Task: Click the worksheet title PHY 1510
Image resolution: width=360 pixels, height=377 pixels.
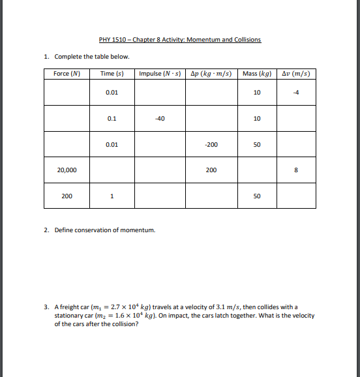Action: (x=179, y=40)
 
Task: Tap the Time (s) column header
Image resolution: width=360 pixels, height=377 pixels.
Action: (x=112, y=73)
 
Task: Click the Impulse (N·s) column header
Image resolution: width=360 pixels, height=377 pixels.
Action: (x=160, y=73)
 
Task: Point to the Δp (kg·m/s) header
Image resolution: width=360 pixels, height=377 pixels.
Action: (x=211, y=73)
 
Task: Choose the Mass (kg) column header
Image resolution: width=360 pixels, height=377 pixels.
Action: (x=256, y=73)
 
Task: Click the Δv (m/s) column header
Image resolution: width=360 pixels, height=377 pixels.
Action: (x=296, y=73)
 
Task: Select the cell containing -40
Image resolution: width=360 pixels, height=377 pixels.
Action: (x=160, y=119)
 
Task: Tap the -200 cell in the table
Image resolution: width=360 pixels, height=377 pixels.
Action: (x=211, y=144)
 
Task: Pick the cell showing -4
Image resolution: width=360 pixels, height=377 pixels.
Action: (x=296, y=93)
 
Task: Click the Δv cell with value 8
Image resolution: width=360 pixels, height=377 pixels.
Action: (x=296, y=170)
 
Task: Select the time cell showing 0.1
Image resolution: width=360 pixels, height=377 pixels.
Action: (x=112, y=119)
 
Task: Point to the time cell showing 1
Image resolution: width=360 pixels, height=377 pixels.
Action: (x=112, y=196)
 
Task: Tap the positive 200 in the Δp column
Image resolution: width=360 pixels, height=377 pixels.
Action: (x=211, y=170)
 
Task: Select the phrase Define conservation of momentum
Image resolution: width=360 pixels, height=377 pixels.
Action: (x=104, y=230)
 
